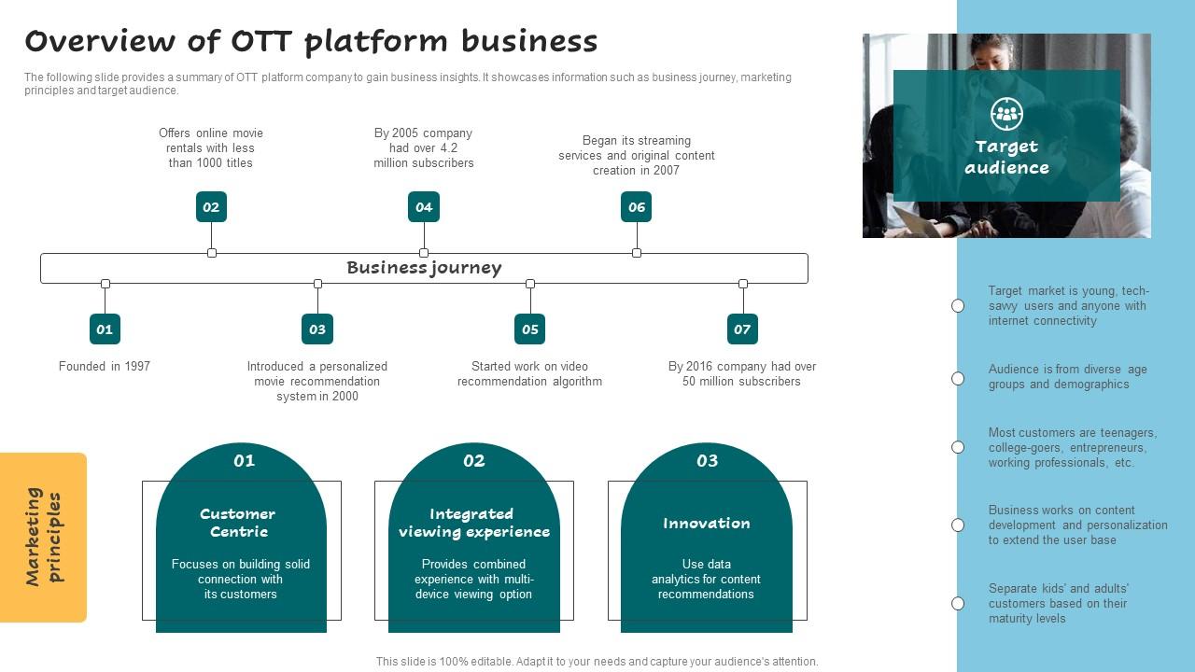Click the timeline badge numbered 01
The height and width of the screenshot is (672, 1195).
[105, 329]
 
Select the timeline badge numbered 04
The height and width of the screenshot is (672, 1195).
[424, 207]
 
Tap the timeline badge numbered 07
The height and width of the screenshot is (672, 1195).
[742, 329]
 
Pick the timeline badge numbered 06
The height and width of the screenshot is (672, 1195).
[636, 207]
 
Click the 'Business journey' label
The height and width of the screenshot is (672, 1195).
[424, 268]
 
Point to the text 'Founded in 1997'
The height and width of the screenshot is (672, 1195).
[105, 367]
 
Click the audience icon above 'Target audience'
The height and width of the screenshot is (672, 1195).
[1006, 114]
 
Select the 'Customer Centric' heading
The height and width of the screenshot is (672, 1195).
[238, 523]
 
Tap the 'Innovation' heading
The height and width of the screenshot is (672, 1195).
[707, 524]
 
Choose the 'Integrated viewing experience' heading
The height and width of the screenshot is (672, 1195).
[473, 523]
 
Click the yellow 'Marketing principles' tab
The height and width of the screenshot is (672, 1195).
[44, 537]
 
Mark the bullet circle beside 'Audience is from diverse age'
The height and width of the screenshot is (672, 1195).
[958, 378]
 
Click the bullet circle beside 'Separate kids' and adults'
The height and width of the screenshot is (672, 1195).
[958, 604]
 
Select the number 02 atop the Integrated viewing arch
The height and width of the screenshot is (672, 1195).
[474, 461]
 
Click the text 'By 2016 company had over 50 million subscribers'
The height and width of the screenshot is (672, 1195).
[742, 374]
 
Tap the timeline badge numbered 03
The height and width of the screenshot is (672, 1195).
[317, 329]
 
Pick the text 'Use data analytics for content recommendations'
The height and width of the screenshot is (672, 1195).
[706, 580]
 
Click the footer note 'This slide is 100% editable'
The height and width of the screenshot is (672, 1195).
[597, 662]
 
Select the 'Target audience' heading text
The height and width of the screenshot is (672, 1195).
[1006, 158]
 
